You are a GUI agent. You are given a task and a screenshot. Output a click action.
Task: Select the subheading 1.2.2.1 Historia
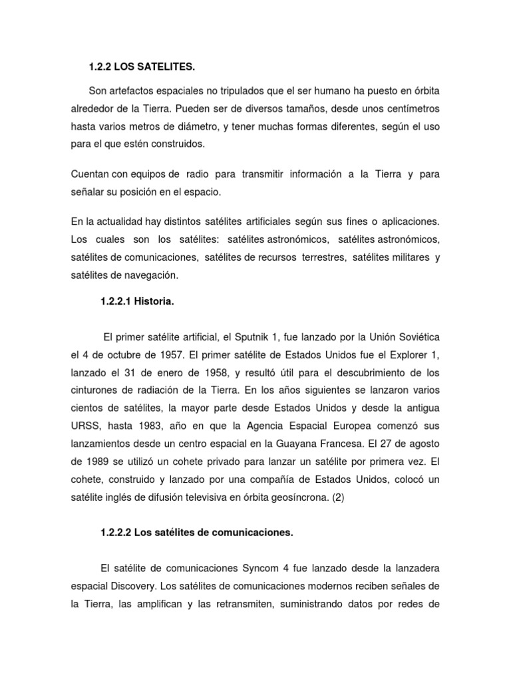(x=137, y=302)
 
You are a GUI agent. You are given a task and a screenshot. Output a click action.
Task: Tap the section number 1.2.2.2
(x=116, y=533)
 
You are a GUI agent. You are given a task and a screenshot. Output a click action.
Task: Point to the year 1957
(x=168, y=355)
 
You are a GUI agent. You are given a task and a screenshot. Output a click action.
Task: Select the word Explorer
(x=397, y=355)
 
